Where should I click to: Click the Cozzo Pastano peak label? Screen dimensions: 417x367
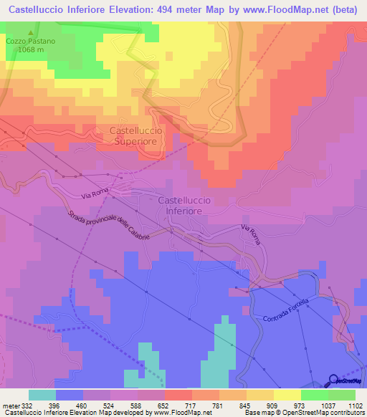31,42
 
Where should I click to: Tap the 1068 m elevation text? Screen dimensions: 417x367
31,49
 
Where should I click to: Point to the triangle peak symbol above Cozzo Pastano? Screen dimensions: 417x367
31,33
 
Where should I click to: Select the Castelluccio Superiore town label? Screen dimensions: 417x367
137,136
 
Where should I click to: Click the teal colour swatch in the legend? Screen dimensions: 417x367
42,395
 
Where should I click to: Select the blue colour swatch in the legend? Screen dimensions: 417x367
69,395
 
